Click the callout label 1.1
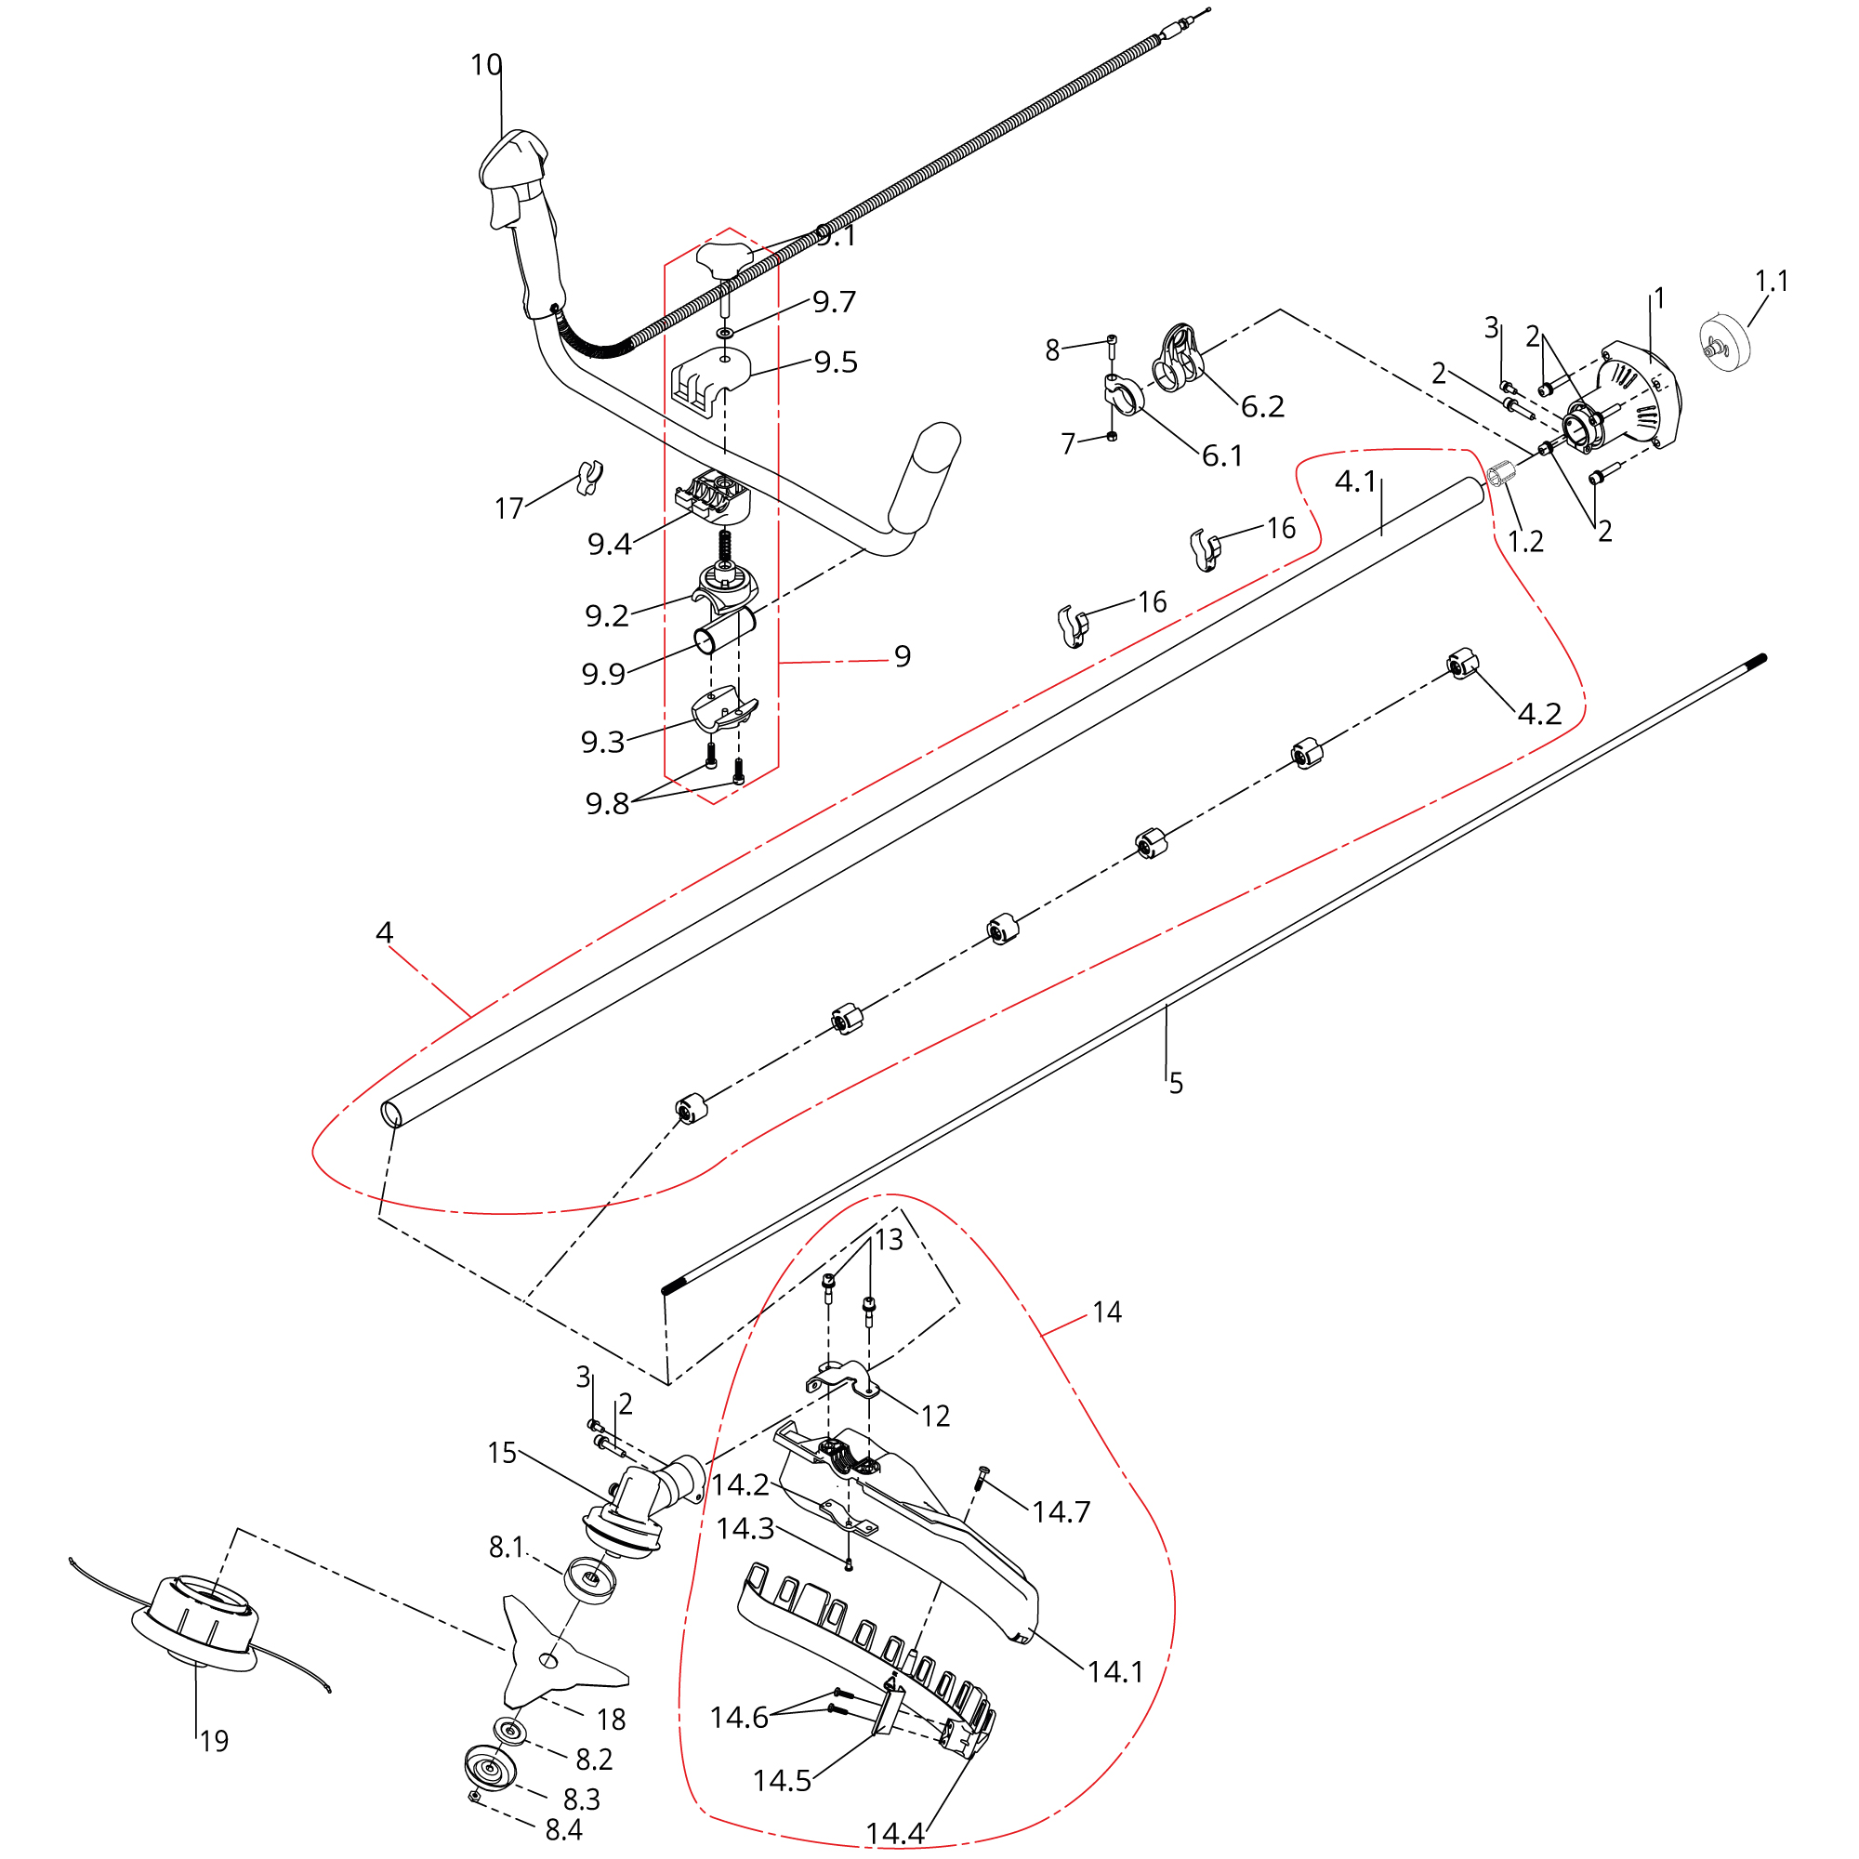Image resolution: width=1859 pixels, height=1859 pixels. point(1772,281)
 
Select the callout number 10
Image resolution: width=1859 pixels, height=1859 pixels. point(486,64)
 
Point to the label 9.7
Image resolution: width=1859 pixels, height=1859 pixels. point(835,302)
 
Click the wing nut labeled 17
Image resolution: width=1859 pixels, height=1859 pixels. point(589,477)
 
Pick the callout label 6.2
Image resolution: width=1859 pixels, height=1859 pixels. point(1262,407)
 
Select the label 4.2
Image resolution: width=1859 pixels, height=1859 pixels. point(1539,713)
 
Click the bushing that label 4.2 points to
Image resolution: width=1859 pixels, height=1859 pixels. point(1462,664)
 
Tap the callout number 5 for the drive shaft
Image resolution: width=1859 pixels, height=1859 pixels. point(1176,1085)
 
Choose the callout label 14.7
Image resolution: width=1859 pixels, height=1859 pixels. point(1061,1512)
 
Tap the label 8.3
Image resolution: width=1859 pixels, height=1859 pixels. point(581,1799)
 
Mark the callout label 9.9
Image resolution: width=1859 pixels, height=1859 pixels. point(603,675)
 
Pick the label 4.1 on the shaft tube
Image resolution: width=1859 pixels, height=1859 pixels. point(1357,481)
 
